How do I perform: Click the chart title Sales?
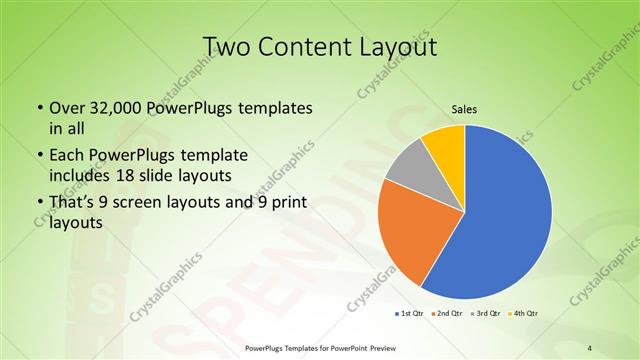point(463,110)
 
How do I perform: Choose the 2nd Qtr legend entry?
point(447,313)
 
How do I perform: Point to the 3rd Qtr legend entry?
point(488,313)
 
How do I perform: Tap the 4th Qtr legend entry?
point(527,313)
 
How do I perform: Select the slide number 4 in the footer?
point(590,347)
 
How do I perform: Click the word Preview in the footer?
point(377,347)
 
